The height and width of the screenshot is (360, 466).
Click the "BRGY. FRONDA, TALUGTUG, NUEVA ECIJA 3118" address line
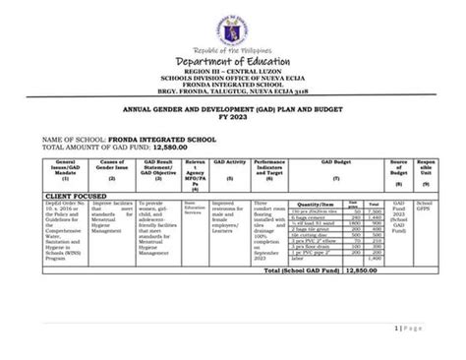coord(233,93)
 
